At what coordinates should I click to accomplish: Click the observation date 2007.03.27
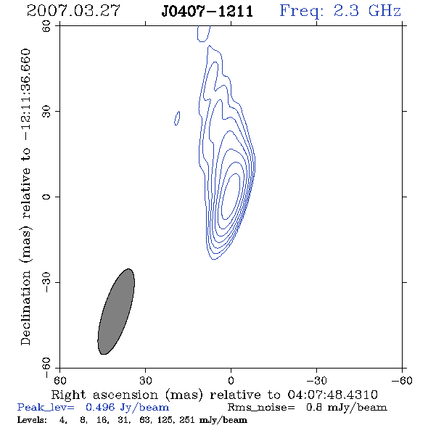point(73,11)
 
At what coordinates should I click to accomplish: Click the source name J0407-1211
point(207,12)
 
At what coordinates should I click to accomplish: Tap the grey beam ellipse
point(116,311)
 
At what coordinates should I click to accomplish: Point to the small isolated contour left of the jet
point(177,118)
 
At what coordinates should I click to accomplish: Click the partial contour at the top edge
point(204,33)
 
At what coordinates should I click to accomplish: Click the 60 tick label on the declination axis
point(46,26)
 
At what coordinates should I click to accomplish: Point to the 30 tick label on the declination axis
point(46,112)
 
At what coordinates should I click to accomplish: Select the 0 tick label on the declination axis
point(46,197)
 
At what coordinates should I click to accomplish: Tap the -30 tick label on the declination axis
point(46,282)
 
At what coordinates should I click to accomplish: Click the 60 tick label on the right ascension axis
point(59,381)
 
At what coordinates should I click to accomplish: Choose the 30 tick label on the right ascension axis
point(145,381)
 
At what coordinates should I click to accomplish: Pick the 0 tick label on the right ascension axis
point(231,381)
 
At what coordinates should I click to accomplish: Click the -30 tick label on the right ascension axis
point(316,381)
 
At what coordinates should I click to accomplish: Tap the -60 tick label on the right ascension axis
point(402,381)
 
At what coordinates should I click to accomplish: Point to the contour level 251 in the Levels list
point(187,419)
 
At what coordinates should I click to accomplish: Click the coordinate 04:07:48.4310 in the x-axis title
point(332,395)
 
